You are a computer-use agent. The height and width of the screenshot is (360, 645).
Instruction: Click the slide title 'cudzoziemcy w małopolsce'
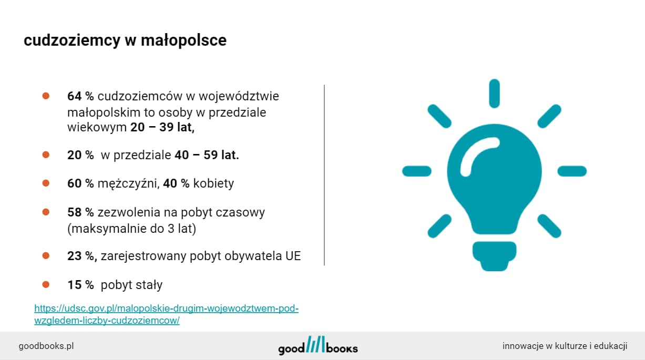tap(125, 40)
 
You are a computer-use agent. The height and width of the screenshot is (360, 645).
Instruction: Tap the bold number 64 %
tap(80, 96)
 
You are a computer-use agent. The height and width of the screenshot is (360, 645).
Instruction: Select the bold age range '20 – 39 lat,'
tap(162, 127)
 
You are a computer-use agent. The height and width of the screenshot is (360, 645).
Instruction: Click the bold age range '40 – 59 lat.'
tap(207, 155)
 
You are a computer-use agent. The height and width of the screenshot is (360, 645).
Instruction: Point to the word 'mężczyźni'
tap(129, 183)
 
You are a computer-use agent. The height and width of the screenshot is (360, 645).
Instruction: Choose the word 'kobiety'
tap(213, 183)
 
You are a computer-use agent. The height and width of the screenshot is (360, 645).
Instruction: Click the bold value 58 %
tap(80, 212)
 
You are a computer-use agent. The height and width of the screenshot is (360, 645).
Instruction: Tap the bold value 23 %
tap(82, 256)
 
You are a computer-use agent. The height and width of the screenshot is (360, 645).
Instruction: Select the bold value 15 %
tap(80, 285)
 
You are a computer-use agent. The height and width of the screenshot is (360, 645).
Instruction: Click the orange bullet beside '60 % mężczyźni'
tap(46, 183)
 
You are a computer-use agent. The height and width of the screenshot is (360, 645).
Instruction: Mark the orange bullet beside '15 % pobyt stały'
tap(46, 284)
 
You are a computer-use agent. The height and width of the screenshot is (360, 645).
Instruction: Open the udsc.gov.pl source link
tap(167, 314)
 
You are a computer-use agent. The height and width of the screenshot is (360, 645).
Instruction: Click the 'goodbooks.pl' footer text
tap(46, 346)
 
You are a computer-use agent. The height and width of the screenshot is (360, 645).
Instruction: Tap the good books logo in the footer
tap(318, 345)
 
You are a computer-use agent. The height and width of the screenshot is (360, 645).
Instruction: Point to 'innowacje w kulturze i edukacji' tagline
tap(565, 346)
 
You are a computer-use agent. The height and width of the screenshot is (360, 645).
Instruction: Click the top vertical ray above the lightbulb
tap(494, 94)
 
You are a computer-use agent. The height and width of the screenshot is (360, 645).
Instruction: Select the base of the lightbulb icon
tap(494, 256)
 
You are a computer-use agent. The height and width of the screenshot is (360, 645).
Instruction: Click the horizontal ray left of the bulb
tap(417, 171)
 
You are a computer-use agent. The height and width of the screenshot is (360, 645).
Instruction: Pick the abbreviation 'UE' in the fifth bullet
tap(293, 256)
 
